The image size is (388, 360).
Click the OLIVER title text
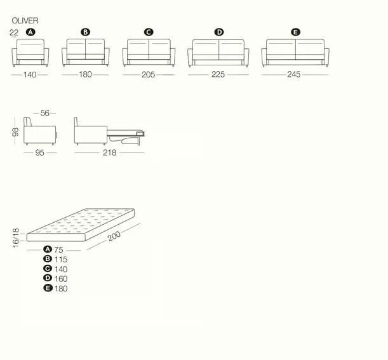(x=25, y=20)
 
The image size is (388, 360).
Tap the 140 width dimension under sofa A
(x=30, y=74)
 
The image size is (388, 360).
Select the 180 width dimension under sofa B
(x=85, y=74)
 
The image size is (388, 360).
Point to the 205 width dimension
(x=148, y=74)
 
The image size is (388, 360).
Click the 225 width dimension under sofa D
(x=218, y=74)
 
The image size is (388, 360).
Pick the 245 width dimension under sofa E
(x=294, y=74)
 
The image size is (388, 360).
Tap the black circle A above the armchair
(x=30, y=32)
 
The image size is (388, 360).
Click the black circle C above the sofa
(x=149, y=32)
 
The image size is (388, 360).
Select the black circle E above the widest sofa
(x=295, y=32)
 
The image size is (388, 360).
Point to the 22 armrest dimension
(x=14, y=32)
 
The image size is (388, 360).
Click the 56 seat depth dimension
(x=45, y=113)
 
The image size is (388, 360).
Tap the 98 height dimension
(x=15, y=132)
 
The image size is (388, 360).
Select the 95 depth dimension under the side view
(x=39, y=152)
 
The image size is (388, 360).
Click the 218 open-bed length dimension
(x=110, y=152)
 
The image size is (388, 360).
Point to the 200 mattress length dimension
(x=114, y=236)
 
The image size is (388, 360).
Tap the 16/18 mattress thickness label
(x=16, y=238)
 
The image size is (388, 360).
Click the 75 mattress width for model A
(x=58, y=250)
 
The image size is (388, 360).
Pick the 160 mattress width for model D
(x=61, y=279)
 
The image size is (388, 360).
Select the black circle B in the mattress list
(x=48, y=259)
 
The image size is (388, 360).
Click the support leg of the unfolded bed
(x=138, y=140)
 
